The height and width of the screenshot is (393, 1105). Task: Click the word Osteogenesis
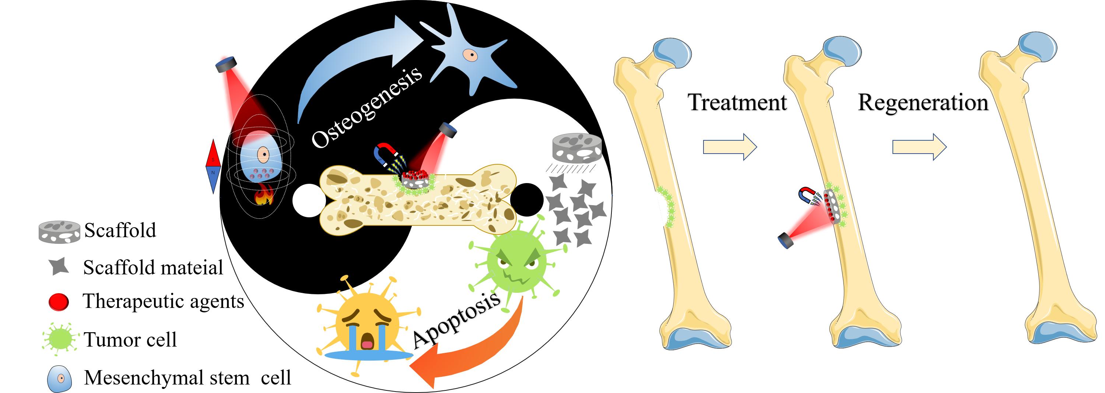(367, 107)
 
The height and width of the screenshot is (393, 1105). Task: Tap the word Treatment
(737, 102)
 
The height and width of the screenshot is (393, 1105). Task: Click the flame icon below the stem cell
(264, 195)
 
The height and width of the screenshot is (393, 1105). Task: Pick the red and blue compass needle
(213, 166)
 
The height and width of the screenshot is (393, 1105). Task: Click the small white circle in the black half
(308, 200)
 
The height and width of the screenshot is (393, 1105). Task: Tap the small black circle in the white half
(527, 200)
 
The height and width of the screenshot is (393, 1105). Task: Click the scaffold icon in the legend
(59, 232)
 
